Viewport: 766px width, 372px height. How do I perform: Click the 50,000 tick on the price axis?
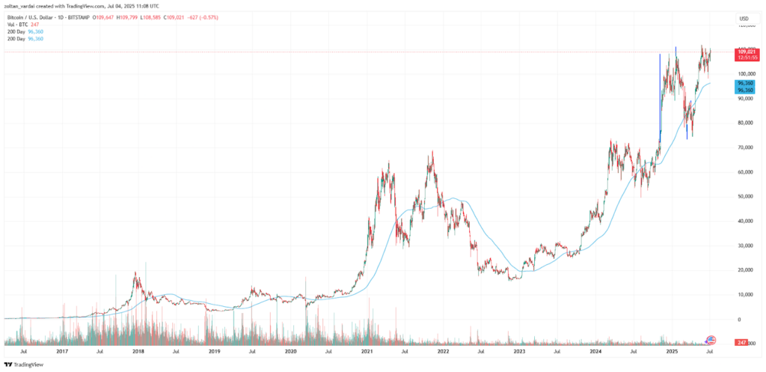(x=744, y=196)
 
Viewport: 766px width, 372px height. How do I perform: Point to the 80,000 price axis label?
(x=744, y=123)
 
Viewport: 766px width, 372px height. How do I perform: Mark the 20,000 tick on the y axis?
(x=744, y=269)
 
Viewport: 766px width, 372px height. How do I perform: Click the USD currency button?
(x=744, y=18)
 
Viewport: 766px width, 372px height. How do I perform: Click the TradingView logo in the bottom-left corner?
(x=25, y=364)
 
